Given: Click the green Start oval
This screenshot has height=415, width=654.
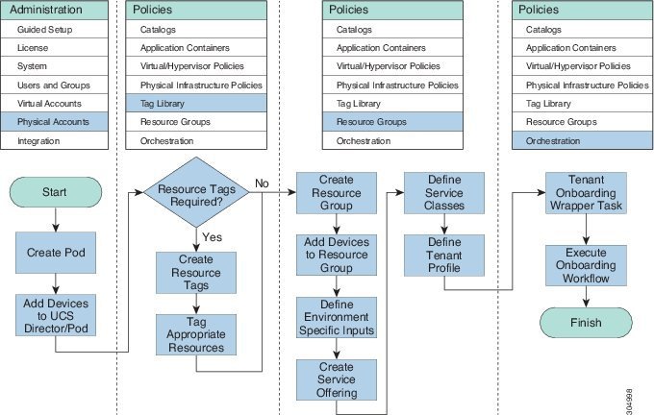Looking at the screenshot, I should tap(56, 192).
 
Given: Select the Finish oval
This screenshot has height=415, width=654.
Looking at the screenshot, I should tap(585, 323).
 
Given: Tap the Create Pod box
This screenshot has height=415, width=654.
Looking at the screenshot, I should tap(56, 253).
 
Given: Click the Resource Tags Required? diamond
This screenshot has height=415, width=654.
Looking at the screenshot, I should tap(196, 193).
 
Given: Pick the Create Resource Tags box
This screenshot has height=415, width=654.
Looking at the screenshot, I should tap(196, 273).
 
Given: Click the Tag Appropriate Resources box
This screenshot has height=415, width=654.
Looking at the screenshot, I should tap(196, 333).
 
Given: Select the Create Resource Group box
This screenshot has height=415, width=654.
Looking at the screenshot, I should tap(335, 195).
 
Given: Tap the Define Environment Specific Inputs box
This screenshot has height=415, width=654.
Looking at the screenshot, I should tap(335, 318).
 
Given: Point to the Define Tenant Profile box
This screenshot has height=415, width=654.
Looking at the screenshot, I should tap(444, 254).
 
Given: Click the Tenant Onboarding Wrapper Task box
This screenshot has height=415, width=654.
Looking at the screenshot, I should tap(585, 195).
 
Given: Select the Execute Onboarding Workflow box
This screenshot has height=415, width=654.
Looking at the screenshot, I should tap(585, 263).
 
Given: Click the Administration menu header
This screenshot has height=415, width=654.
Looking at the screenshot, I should tap(56, 10).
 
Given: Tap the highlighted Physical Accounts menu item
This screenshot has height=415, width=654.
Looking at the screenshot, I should tap(56, 122).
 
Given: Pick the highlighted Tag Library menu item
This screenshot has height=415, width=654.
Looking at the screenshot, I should tap(196, 104).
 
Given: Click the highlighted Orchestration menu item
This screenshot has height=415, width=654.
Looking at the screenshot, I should tap(581, 141).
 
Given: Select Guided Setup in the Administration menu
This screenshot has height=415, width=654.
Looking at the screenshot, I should tap(56, 30).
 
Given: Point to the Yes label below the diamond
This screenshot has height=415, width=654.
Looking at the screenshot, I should tap(214, 236).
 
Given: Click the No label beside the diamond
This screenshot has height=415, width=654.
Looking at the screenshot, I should tap(262, 183).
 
